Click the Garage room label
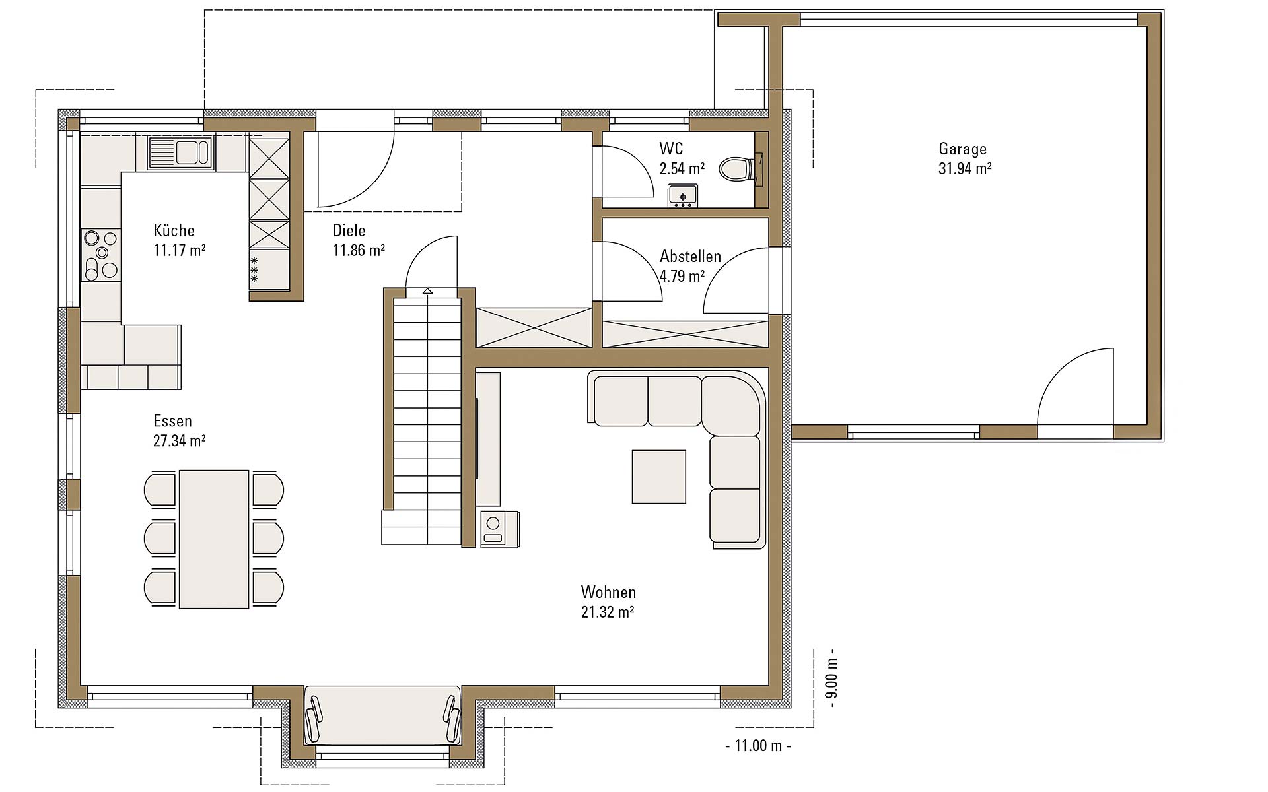point(962,149)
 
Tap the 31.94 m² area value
point(965,168)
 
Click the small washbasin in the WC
point(682,196)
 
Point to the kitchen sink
point(180,152)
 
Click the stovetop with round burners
point(101,255)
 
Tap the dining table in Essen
point(214,539)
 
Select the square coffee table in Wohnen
point(658,477)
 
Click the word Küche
point(174,230)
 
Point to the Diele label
point(349,230)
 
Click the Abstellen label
point(690,256)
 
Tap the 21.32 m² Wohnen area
point(608,612)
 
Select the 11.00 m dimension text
point(758,746)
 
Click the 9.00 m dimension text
point(831,678)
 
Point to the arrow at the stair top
point(427,290)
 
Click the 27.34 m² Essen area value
point(180,440)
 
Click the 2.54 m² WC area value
point(682,168)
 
